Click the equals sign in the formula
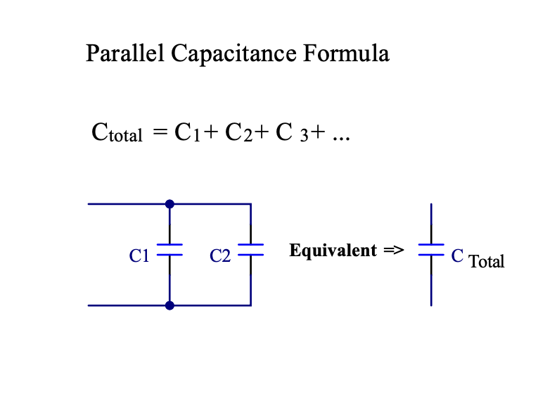point(161,132)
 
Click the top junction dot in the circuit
point(169,204)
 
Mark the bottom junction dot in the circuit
point(169,305)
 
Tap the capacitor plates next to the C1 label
point(169,249)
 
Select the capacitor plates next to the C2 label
point(251,249)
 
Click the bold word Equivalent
point(333,251)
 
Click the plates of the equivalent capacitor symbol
point(431,249)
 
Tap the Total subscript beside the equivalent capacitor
point(487,262)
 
